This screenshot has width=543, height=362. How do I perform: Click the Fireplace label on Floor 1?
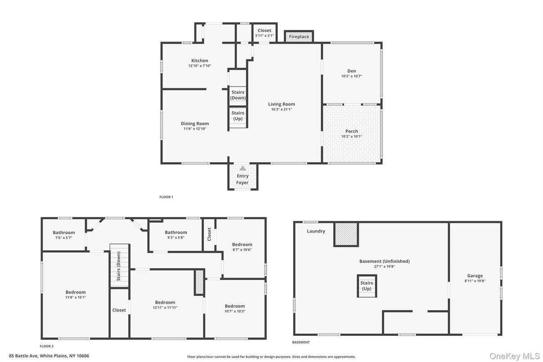click(299, 36)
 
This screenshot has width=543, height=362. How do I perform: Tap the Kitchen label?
click(199, 61)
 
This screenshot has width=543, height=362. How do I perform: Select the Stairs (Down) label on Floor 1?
click(238, 95)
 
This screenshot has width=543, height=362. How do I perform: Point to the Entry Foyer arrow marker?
click(243, 168)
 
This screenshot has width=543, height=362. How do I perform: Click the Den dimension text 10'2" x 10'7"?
click(351, 77)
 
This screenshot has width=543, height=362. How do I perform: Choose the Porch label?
click(352, 131)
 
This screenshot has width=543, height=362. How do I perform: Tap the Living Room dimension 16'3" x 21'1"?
click(282, 109)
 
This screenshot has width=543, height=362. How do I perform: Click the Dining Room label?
click(195, 124)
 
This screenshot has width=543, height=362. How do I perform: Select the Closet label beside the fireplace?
click(264, 31)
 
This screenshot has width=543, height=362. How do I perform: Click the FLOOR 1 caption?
click(166, 197)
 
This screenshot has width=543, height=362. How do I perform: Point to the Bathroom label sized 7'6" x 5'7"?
click(63, 232)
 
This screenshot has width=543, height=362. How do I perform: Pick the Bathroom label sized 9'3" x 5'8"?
click(176, 232)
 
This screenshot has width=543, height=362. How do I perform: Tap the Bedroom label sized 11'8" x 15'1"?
click(76, 292)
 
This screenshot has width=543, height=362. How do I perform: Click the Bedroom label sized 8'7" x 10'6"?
click(242, 244)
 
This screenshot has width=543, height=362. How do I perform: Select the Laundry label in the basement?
click(316, 231)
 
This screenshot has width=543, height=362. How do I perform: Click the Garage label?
click(475, 276)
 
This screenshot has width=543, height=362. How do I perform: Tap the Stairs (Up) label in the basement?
click(367, 286)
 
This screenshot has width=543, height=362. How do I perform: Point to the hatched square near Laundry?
click(346, 234)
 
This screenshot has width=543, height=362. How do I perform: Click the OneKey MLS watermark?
click(515, 356)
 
